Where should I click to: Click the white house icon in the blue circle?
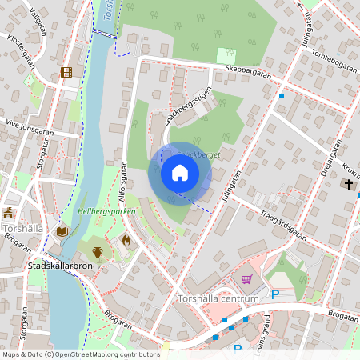pyautogui.click(x=180, y=173)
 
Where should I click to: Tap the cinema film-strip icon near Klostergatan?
pyautogui.click(x=66, y=73)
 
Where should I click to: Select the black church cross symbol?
pyautogui.click(x=348, y=185)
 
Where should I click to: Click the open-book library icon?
pyautogui.click(x=62, y=231)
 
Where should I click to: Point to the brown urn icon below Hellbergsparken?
pyautogui.click(x=98, y=252)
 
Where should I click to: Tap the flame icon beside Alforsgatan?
pyautogui.click(x=126, y=238)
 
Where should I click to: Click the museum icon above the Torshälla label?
pyautogui.click(x=9, y=213)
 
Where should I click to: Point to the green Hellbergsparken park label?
pyautogui.click(x=106, y=211)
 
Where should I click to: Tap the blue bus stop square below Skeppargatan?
pyautogui.click(x=282, y=96)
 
